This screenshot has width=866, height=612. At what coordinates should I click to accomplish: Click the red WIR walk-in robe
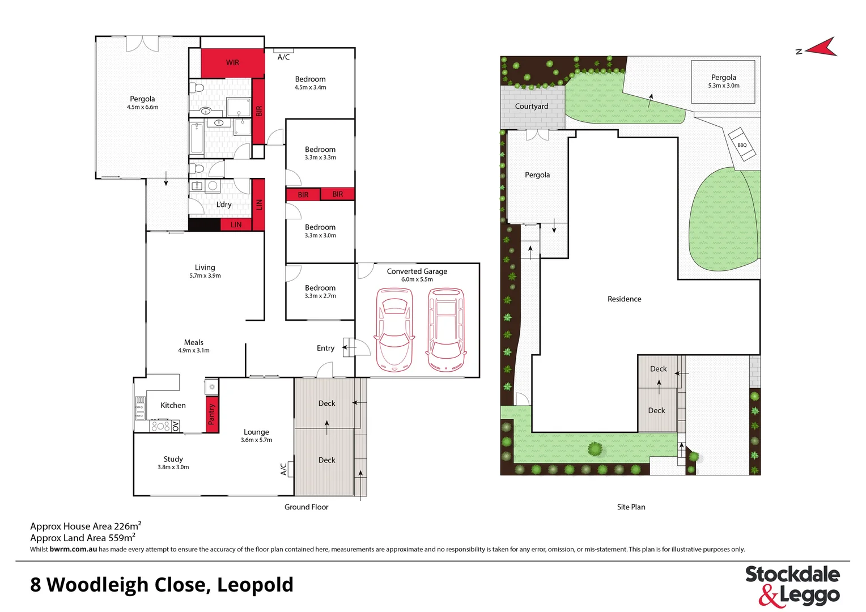click(x=232, y=62)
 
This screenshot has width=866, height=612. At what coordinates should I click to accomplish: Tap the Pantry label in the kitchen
click(x=212, y=414)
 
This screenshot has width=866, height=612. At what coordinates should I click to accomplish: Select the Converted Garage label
click(x=417, y=271)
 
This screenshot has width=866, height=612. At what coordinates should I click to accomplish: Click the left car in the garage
click(x=394, y=329)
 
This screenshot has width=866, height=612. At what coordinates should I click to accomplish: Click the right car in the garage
click(x=446, y=329)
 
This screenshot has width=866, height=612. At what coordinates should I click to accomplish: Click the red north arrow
click(x=821, y=48)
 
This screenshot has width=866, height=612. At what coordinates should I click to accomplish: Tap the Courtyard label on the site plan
click(x=531, y=107)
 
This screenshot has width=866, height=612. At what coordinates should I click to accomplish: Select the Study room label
click(x=173, y=459)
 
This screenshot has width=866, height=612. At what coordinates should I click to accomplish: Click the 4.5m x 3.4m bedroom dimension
click(x=310, y=88)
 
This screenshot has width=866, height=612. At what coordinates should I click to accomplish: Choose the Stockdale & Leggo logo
click(x=792, y=585)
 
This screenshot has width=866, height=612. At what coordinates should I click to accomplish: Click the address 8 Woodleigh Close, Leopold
click(x=162, y=585)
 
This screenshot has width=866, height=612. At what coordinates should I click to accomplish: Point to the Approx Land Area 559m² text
click(x=83, y=538)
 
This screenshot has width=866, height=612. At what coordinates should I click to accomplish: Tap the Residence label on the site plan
click(x=624, y=299)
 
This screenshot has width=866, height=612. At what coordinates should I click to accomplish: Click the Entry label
click(x=325, y=348)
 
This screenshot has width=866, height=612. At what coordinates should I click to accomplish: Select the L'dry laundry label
click(x=224, y=205)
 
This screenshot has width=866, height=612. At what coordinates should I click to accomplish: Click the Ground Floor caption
click(x=306, y=507)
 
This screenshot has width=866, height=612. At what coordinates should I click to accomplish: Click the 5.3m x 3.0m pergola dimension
click(x=723, y=86)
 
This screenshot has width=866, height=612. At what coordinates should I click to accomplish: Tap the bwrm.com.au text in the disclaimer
click(x=73, y=549)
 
